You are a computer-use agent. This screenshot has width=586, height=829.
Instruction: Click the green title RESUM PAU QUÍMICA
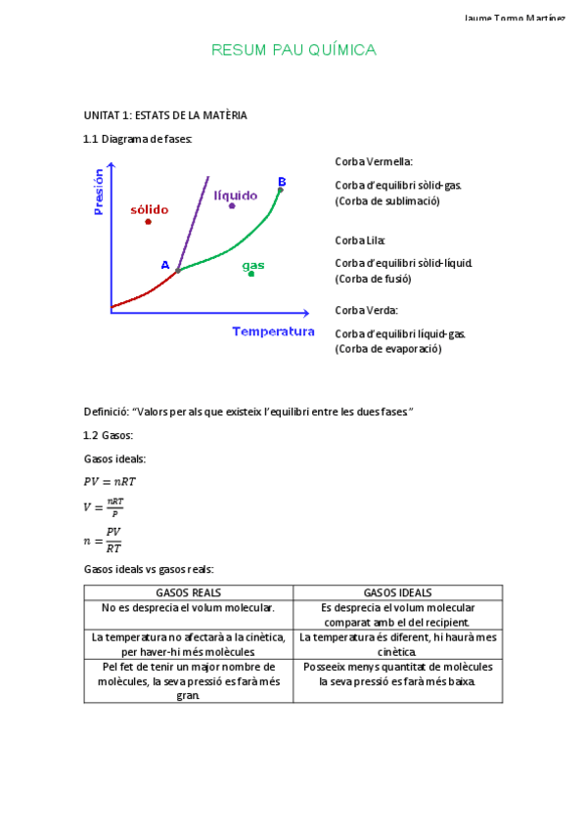[x=293, y=50]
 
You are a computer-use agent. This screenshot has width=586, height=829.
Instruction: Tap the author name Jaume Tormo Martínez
[x=514, y=19]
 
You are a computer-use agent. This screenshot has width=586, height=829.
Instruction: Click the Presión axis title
[x=98, y=192]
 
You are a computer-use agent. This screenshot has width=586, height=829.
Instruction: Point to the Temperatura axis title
[x=273, y=331]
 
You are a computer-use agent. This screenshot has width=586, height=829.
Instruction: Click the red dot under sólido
[x=148, y=222]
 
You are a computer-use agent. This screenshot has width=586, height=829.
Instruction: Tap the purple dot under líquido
[x=232, y=206]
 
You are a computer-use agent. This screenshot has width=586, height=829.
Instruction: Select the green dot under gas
[x=251, y=274]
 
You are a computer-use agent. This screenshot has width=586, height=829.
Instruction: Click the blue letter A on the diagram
[x=165, y=265]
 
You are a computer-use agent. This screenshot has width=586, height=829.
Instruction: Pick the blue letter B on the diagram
[x=282, y=182]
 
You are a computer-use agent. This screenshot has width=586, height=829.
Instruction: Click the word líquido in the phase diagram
[x=236, y=196]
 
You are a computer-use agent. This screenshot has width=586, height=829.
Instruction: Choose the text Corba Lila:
[x=360, y=240]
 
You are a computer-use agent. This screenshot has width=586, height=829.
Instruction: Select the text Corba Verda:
[x=366, y=310]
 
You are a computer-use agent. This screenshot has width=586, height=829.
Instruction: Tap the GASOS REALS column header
[x=189, y=592]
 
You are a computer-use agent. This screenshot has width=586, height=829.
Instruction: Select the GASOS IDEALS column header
[x=397, y=592]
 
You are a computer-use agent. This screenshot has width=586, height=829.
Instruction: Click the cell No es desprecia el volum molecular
[x=189, y=607]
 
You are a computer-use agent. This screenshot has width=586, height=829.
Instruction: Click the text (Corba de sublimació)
[x=387, y=201]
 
